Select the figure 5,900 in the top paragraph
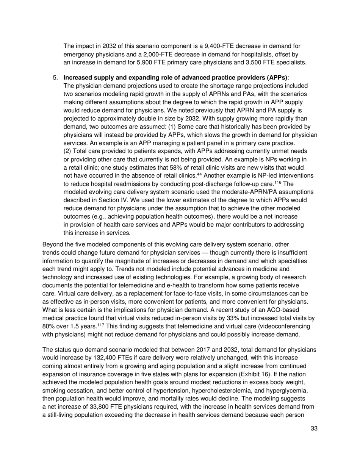(158, 63)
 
